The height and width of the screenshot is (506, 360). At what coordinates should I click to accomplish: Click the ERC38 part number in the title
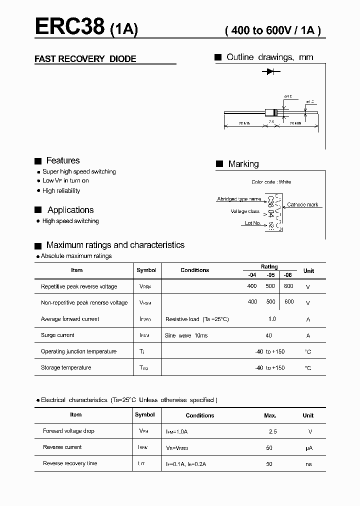pyautogui.click(x=70, y=26)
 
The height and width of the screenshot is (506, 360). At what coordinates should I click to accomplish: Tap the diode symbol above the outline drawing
pyautogui.click(x=271, y=72)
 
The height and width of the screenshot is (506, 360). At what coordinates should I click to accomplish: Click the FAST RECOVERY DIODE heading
pyautogui.click(x=85, y=59)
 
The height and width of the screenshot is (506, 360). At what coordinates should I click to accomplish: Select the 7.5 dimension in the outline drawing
pyautogui.click(x=271, y=121)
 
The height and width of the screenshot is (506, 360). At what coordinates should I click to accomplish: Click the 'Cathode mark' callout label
pyautogui.click(x=302, y=204)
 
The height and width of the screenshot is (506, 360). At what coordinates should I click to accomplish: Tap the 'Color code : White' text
pyautogui.click(x=271, y=182)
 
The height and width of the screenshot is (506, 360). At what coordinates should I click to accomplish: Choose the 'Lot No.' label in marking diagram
pyautogui.click(x=253, y=223)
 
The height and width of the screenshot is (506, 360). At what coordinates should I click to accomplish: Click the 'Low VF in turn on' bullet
pyautogui.click(x=65, y=180)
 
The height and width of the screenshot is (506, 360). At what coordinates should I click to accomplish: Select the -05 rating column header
pyautogui.click(x=270, y=275)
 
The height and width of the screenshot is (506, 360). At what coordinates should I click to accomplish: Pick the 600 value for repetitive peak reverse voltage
pyautogui.click(x=288, y=286)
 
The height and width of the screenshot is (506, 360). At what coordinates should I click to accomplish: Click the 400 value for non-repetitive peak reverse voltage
pyautogui.click(x=252, y=302)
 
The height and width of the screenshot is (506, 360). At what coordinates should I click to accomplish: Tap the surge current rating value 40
pyautogui.click(x=269, y=335)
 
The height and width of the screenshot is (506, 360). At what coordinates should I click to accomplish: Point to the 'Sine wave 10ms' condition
pyautogui.click(x=186, y=335)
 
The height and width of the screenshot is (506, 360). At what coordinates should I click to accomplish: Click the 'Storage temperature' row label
pyautogui.click(x=66, y=367)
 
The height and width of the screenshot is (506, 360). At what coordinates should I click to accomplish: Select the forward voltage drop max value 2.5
pyautogui.click(x=272, y=431)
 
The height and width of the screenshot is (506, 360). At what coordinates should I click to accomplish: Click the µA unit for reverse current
pyautogui.click(x=308, y=447)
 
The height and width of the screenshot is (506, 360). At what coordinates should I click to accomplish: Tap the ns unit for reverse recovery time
pyautogui.click(x=308, y=464)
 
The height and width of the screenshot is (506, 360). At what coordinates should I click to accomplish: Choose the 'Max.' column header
pyautogui.click(x=270, y=415)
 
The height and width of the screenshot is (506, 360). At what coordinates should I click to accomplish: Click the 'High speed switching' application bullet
pyautogui.click(x=70, y=221)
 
